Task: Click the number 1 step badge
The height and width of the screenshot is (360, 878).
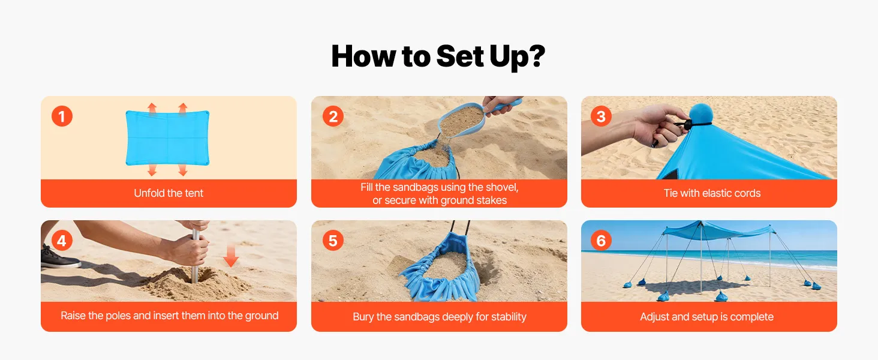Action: (62, 116)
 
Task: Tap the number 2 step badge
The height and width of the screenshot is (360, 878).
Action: (333, 116)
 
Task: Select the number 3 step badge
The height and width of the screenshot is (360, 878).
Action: (602, 116)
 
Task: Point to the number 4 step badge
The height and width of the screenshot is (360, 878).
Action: (62, 241)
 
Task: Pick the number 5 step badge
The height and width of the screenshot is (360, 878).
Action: (333, 241)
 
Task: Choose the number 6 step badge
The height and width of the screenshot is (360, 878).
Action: (602, 241)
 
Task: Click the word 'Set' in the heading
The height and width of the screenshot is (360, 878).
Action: (459, 56)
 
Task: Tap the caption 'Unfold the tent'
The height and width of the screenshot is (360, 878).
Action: (169, 193)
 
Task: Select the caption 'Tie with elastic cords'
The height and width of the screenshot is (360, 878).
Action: (712, 193)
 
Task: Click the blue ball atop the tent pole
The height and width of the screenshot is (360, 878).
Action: (700, 114)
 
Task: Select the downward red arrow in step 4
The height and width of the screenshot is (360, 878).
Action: (231, 255)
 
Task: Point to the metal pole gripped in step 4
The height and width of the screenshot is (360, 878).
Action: (195, 256)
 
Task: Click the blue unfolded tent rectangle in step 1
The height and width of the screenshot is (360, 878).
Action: (167, 137)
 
